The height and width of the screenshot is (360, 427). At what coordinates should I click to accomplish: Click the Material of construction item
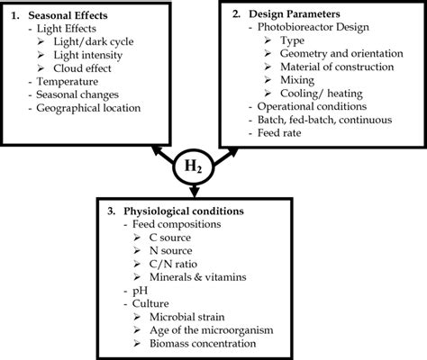pos(338,66)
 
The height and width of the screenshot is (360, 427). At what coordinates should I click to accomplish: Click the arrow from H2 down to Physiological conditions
pos(195,190)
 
